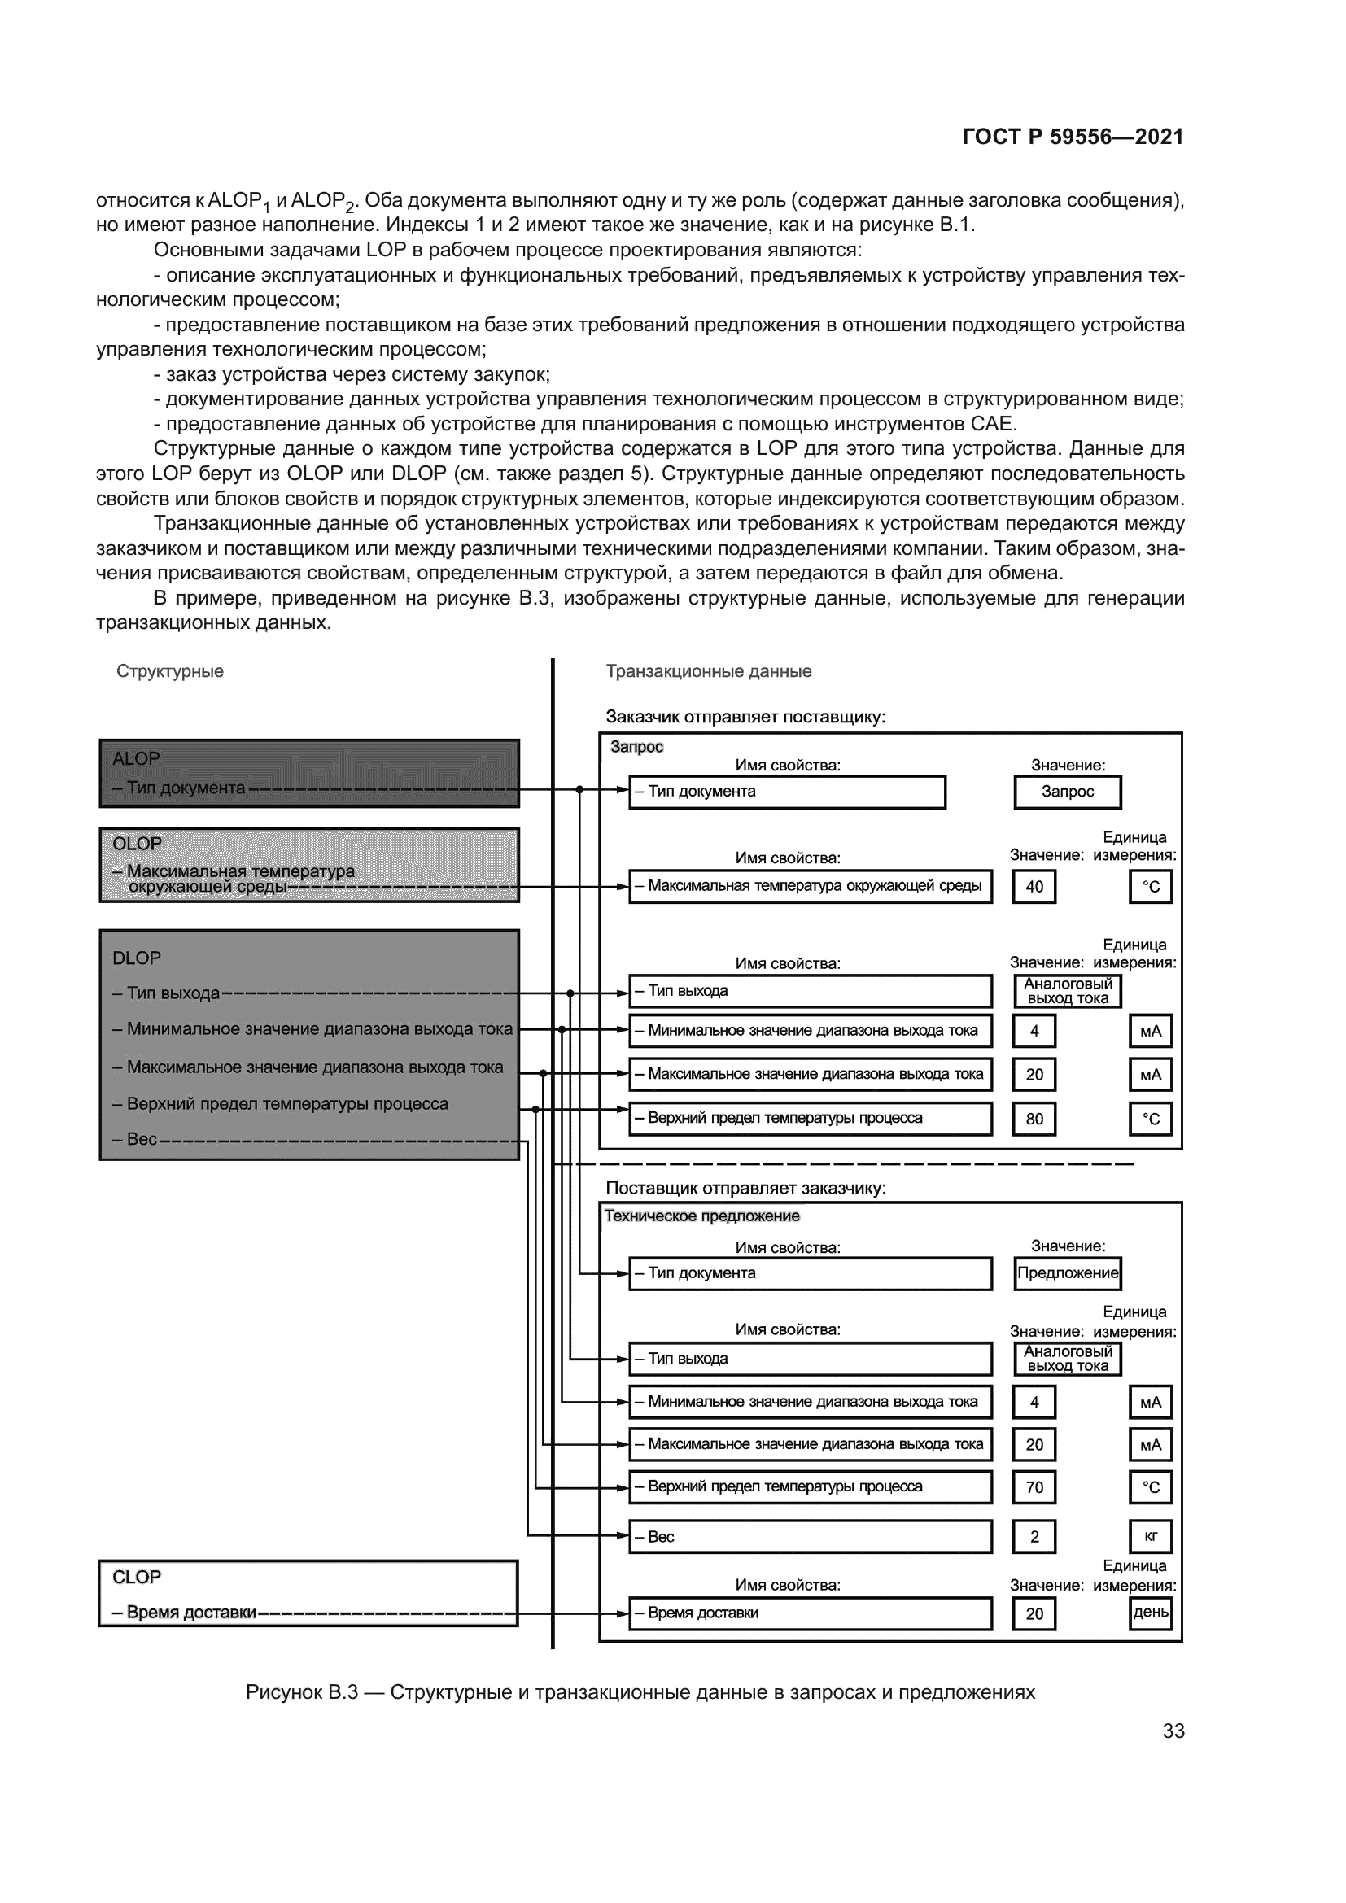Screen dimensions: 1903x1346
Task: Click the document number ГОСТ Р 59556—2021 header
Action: pos(1073,137)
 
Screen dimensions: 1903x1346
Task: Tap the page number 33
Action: pos(1173,1731)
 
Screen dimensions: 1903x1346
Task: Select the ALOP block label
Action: pos(136,758)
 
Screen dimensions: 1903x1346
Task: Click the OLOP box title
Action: pos(137,844)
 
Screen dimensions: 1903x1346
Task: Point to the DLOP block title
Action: pos(136,958)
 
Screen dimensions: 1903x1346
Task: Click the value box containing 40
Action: pos(1034,887)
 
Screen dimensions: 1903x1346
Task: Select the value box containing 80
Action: pos(1034,1119)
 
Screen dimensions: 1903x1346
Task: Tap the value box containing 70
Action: pos(1034,1487)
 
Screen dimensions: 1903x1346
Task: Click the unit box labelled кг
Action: pos(1151,1537)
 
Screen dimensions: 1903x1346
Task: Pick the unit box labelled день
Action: pos(1151,1612)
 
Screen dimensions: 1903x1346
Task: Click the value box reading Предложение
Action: pos(1068,1273)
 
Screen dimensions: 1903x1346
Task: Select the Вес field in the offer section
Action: pos(810,1537)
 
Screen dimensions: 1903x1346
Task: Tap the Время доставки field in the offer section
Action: pos(810,1613)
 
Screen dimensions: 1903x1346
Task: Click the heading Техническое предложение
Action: pos(702,1216)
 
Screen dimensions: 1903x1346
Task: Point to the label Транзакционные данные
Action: pos(709,671)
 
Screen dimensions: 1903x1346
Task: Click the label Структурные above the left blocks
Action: pos(170,671)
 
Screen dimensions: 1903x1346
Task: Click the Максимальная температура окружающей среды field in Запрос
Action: pos(810,886)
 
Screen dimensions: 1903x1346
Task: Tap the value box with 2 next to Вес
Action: pos(1034,1537)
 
